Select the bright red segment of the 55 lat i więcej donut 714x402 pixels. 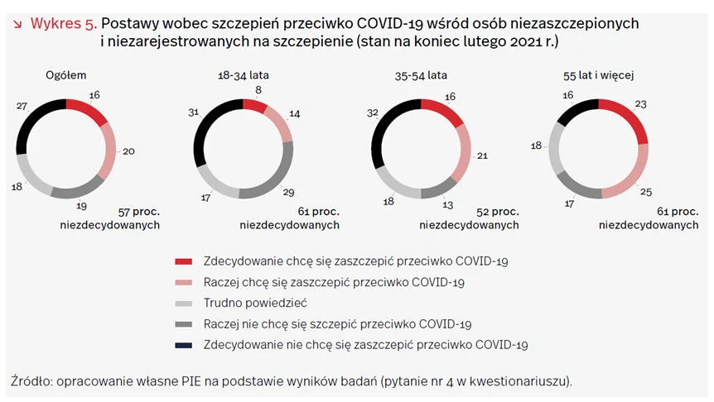[630, 117]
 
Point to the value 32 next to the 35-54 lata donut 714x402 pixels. [372, 113]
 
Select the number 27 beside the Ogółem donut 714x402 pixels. [22, 106]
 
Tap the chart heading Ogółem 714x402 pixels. [65, 75]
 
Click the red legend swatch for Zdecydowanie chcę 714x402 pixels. [184, 261]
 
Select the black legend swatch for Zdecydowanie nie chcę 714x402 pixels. [184, 345]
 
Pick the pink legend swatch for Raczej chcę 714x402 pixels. [184, 282]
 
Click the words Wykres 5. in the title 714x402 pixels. [63, 23]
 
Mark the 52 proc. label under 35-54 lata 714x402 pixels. [494, 211]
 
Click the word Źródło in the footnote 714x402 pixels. [30, 381]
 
